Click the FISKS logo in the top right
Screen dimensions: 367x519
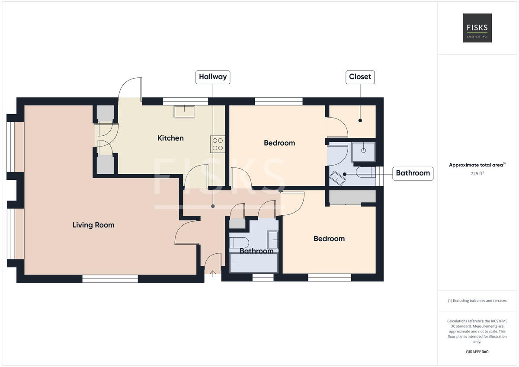tap(477, 28)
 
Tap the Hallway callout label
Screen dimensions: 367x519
tap(212, 77)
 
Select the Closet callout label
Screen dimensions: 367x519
tap(360, 77)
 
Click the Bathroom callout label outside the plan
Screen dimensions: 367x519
tap(413, 173)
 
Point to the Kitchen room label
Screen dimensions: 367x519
tap(170, 138)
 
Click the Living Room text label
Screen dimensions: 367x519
tap(93, 225)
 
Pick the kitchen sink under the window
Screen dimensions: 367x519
tap(184, 112)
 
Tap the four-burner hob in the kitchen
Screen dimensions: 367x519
tap(218, 144)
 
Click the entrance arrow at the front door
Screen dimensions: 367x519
tap(213, 273)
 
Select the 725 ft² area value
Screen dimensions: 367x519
tap(477, 173)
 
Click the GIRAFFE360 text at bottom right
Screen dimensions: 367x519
tap(477, 351)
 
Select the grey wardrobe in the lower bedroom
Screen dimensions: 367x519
tap(352, 197)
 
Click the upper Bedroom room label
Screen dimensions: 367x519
tap(279, 143)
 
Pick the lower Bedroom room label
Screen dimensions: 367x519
tap(329, 239)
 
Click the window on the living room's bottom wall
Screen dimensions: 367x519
tap(110, 279)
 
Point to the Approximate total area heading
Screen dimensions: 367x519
tap(477, 165)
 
